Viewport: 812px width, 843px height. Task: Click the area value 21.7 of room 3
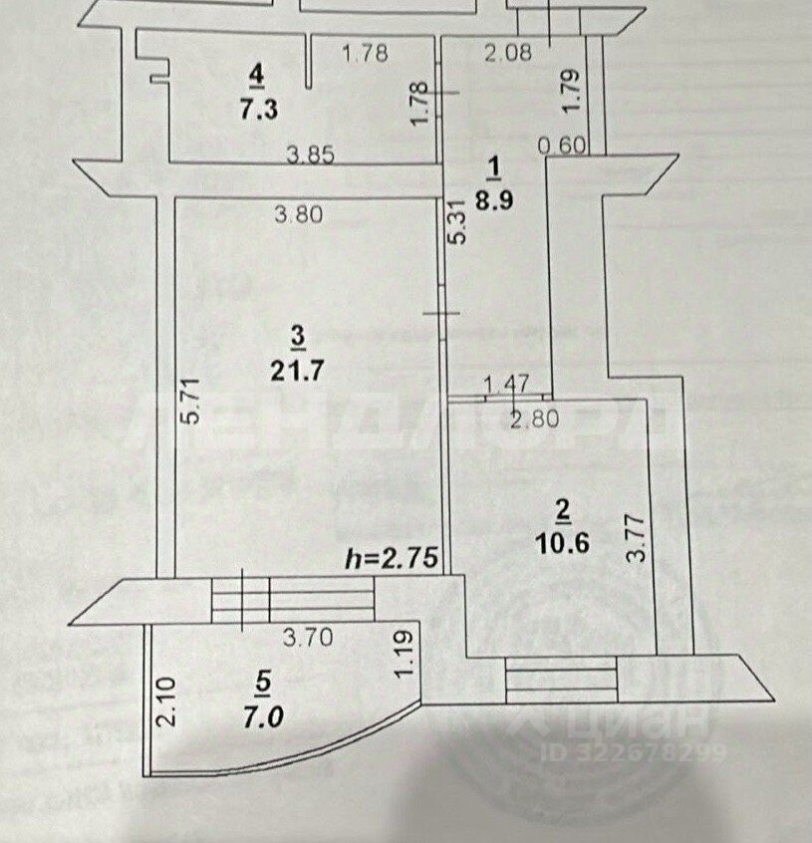tap(297, 370)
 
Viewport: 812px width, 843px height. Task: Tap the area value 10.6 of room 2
tap(562, 543)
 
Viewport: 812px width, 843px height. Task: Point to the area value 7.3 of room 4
tap(258, 109)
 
